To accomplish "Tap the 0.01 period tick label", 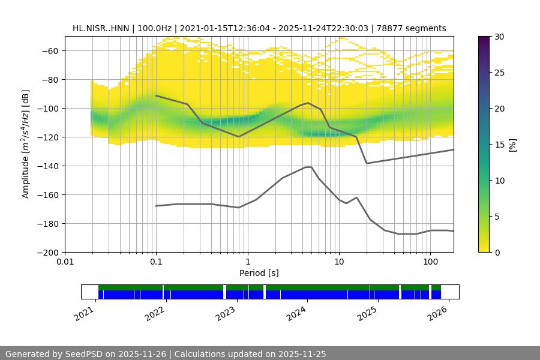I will pos(65,262).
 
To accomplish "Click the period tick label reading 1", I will pos(247,262).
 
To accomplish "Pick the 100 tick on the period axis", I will pos(430,262).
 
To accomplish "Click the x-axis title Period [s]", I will pos(259,273).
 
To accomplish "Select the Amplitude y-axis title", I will pos(26,144).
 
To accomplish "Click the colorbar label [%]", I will pos(512,145).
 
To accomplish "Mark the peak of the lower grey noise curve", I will pos(308,167).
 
